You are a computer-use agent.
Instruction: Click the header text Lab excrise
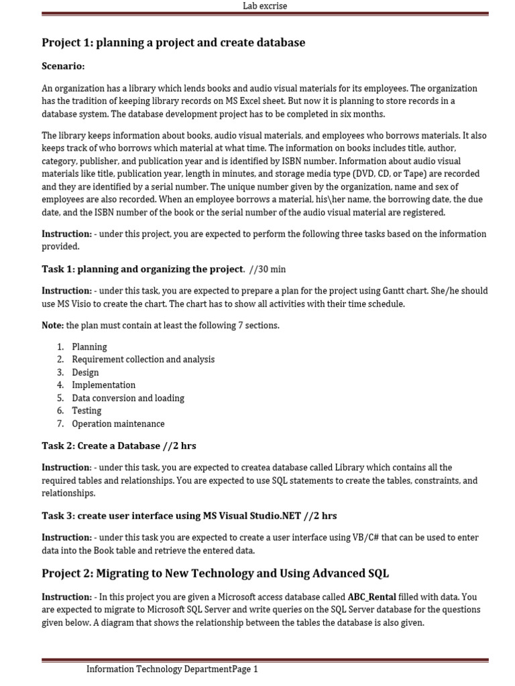[x=264, y=6]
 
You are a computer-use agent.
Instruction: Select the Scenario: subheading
[x=63, y=66]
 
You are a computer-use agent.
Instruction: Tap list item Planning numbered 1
[x=89, y=347]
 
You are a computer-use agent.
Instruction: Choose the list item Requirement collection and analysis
[x=143, y=360]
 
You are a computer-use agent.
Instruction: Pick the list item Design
[x=85, y=372]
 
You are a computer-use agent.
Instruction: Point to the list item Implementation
[x=103, y=385]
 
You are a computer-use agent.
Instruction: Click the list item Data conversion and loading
[x=127, y=398]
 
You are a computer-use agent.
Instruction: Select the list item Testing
[x=87, y=411]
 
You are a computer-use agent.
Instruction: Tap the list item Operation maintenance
[x=118, y=423]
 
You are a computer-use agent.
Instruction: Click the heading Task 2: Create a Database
[x=119, y=445]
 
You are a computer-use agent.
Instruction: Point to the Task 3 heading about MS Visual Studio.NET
[x=189, y=516]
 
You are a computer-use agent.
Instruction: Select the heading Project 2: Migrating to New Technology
[x=215, y=573]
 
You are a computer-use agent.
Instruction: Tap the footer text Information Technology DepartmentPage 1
[x=172, y=669]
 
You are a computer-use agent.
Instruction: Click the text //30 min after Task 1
[x=267, y=269]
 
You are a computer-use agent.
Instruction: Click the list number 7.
[x=60, y=423]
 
